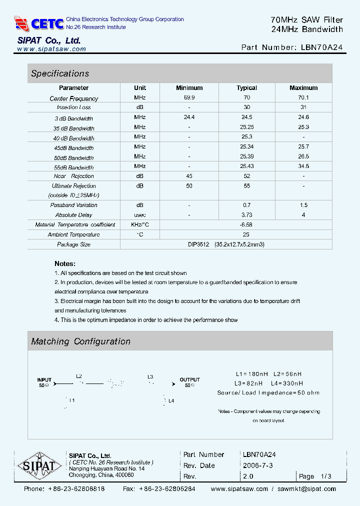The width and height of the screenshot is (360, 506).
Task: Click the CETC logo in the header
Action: click(39, 23)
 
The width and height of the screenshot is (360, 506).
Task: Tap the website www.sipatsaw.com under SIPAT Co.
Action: click(51, 49)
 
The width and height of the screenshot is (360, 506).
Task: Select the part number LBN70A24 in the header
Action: click(322, 47)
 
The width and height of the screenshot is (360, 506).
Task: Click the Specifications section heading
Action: click(60, 73)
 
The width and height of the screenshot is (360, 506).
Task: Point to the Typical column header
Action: click(246, 88)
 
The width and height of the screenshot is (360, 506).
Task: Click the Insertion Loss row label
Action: click(74, 107)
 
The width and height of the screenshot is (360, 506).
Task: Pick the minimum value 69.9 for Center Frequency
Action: click(189, 98)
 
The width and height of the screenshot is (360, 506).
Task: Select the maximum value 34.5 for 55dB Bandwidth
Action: click(303, 166)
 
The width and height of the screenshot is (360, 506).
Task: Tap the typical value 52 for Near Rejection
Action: click(246, 176)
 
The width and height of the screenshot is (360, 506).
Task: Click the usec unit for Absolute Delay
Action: click(140, 215)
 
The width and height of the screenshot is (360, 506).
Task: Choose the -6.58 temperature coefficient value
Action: click(246, 225)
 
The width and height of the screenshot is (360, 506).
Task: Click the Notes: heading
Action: click(65, 263)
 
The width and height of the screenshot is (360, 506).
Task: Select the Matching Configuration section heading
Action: click(80, 341)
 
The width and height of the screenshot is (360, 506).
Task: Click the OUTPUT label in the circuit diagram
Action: click(189, 380)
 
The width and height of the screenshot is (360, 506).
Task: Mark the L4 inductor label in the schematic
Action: click(171, 400)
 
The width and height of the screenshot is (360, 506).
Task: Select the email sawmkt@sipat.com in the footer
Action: click(307, 489)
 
